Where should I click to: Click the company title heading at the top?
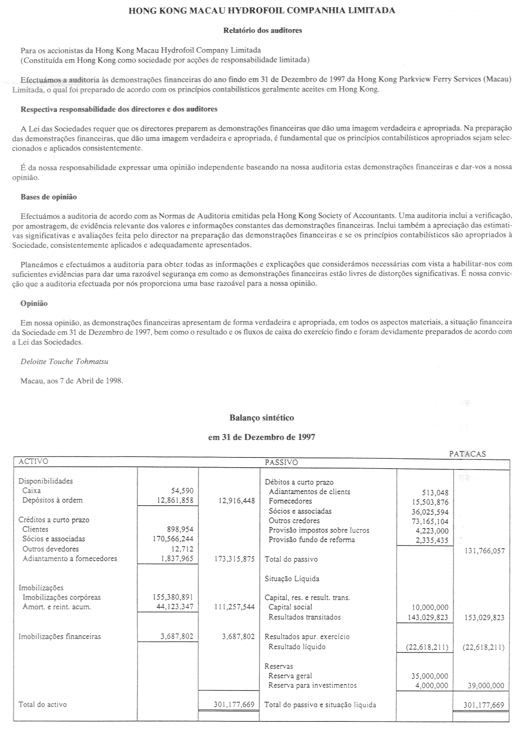[262, 11]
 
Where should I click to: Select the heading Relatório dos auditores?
[262, 31]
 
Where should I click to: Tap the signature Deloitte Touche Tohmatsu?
[64, 362]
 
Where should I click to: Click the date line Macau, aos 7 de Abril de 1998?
[72, 381]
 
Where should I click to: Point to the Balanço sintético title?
[262, 418]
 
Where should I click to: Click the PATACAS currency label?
[468, 454]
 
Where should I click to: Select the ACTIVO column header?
[33, 462]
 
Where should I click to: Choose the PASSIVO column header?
[281, 462]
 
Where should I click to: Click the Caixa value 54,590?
[182, 491]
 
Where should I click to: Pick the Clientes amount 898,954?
[180, 529]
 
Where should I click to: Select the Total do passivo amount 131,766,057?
[483, 551]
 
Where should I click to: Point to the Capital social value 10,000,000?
[430, 608]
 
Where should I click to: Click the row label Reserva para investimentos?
[313, 685]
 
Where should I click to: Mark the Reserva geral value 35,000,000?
[430, 676]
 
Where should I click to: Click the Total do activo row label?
[43, 704]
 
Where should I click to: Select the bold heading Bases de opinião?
[49, 197]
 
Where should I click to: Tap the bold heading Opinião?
[34, 304]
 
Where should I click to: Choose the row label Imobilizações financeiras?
[59, 637]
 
